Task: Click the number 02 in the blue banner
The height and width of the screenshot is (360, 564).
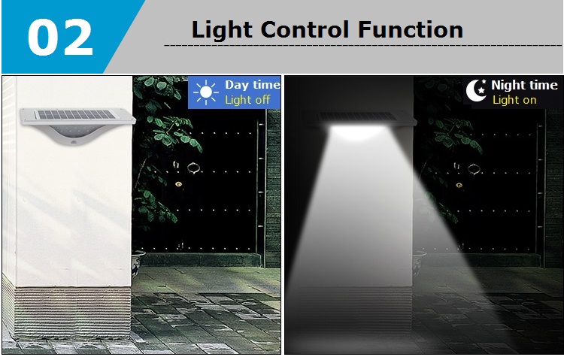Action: (x=60, y=38)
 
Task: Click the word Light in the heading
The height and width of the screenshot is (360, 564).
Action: (x=222, y=29)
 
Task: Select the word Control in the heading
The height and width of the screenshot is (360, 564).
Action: (x=305, y=29)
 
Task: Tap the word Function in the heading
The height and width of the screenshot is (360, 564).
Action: (x=411, y=29)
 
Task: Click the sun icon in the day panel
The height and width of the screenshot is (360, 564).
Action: (x=206, y=92)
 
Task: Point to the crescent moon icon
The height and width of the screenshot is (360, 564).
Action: (x=476, y=90)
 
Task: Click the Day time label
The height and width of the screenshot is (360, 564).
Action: (x=253, y=85)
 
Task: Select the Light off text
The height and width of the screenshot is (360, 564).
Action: (x=247, y=100)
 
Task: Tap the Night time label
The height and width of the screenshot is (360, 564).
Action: (x=524, y=85)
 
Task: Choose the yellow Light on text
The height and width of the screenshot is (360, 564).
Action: (x=514, y=100)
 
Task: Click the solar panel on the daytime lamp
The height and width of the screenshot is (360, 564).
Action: (x=75, y=115)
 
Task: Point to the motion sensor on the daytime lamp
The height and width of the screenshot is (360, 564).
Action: (x=74, y=142)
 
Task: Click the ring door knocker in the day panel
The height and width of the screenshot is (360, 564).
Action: (x=193, y=168)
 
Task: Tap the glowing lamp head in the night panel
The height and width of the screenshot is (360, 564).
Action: (x=357, y=132)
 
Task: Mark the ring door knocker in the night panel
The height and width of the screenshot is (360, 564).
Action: (x=474, y=168)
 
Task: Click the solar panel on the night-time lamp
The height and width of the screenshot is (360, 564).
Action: (x=358, y=116)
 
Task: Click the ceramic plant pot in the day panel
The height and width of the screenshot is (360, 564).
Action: (x=138, y=263)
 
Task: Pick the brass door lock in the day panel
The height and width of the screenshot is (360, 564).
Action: (x=178, y=184)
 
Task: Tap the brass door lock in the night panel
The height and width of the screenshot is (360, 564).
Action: (x=459, y=185)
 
